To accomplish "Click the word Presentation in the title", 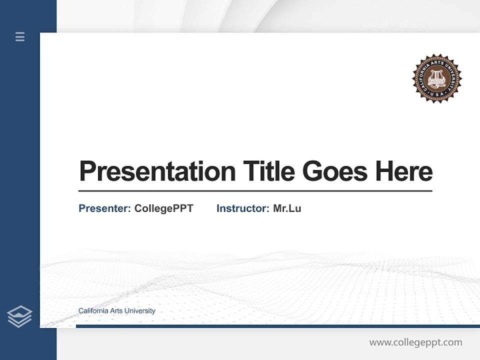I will click(157, 171).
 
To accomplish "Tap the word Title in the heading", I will click(268, 171).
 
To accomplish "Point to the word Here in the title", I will click(404, 171).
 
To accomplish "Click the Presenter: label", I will click(104, 208).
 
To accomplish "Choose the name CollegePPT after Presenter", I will click(163, 208).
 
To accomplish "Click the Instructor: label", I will click(242, 208).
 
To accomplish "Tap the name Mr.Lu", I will click(287, 208).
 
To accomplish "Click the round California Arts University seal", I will click(436, 78).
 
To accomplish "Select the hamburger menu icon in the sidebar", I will click(20, 36).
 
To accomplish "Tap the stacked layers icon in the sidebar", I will click(19, 316).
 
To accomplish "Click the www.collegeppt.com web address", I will click(415, 342).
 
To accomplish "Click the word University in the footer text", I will click(140, 311).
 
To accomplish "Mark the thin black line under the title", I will click(255, 191).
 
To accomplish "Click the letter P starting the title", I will click(87, 171).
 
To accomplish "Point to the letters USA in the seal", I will click(436, 94).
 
